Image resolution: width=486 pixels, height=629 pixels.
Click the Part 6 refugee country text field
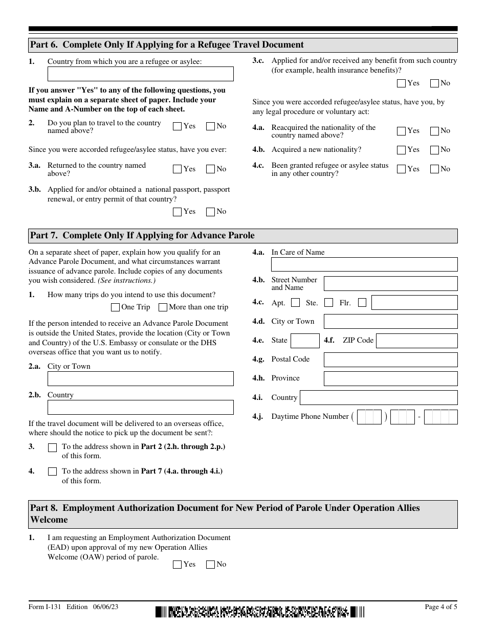click(140, 74)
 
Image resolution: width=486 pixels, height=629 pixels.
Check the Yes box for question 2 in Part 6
click(178, 126)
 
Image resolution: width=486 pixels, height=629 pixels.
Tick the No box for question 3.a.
click(210, 169)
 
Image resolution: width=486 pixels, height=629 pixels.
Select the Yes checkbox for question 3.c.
click(402, 83)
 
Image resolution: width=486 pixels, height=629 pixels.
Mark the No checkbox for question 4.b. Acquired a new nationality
click(434, 150)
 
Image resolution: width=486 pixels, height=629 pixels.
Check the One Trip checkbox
click(115, 307)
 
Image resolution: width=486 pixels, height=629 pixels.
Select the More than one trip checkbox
click(163, 307)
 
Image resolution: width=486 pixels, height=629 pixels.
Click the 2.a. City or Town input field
click(140, 379)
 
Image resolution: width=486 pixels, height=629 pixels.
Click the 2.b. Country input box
click(140, 408)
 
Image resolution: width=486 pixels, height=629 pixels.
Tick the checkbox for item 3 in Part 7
click(52, 447)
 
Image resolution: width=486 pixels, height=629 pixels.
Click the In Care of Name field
click(364, 264)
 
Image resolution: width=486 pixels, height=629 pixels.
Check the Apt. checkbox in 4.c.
click(295, 303)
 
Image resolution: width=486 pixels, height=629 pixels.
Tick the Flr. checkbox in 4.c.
click(362, 303)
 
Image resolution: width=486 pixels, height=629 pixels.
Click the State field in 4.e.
click(305, 341)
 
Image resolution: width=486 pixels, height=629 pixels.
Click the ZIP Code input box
click(416, 341)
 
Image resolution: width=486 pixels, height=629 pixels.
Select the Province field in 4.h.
click(390, 378)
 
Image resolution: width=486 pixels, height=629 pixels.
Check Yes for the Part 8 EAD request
click(178, 565)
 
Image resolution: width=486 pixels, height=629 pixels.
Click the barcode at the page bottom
click(260, 612)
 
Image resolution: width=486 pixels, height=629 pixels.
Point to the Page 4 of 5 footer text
click(441, 607)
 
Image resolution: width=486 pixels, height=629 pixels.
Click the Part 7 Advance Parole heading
click(142, 236)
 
